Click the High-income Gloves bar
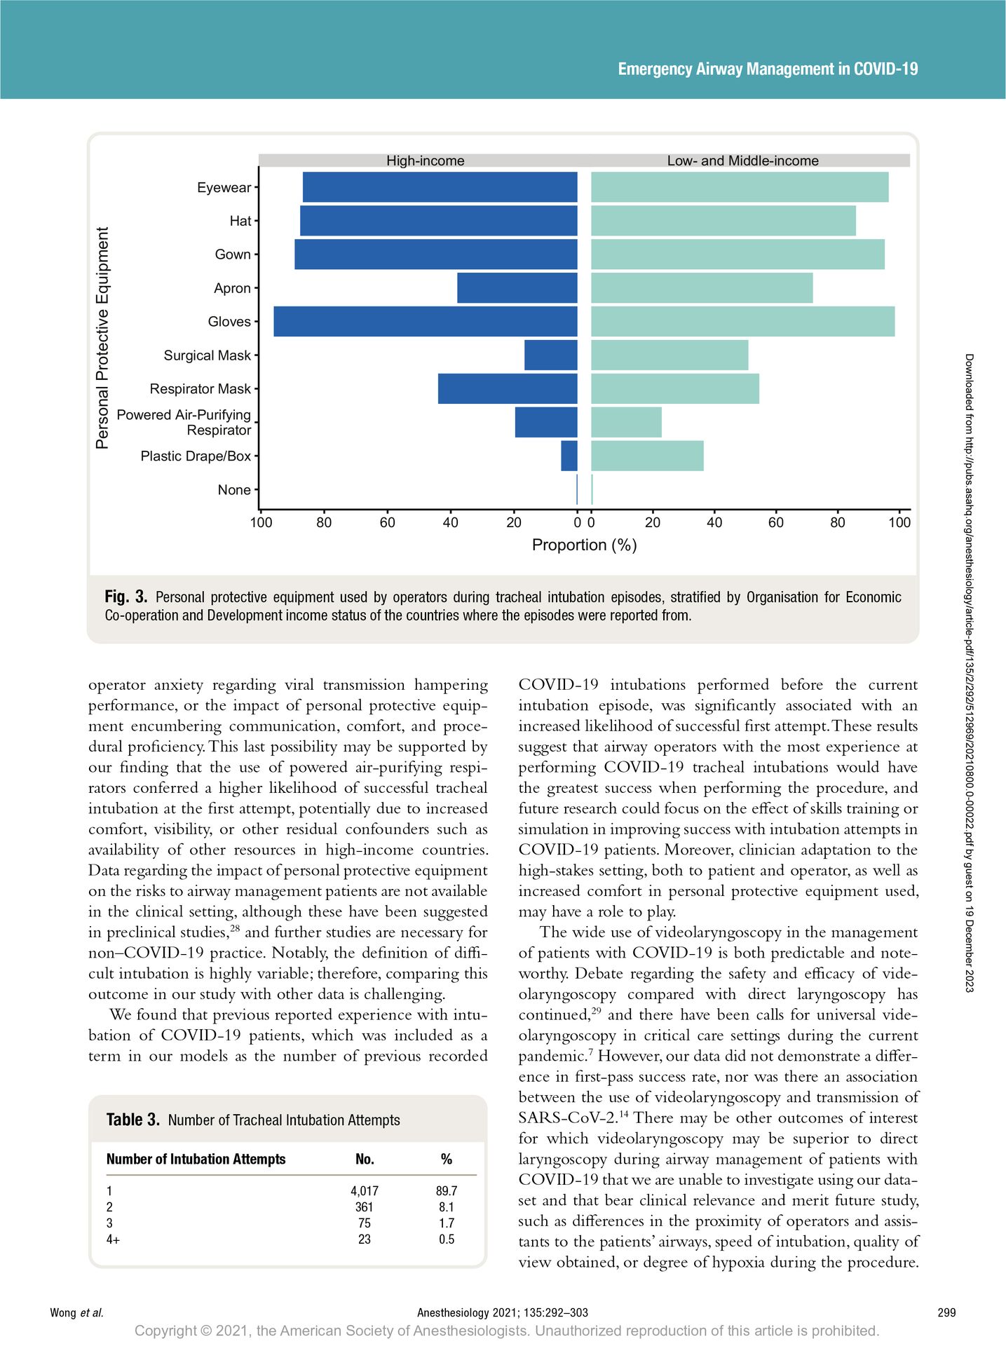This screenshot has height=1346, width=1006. click(x=426, y=321)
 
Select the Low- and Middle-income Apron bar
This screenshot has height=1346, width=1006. click(x=702, y=287)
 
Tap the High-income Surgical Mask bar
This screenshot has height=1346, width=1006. click(x=551, y=355)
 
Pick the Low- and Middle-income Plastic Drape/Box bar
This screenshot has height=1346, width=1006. click(x=647, y=456)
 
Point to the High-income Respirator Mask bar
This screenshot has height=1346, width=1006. click(x=508, y=388)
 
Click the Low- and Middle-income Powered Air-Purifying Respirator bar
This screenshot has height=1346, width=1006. click(x=626, y=422)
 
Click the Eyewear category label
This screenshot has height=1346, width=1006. click(x=224, y=187)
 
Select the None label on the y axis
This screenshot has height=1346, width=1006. click(x=234, y=489)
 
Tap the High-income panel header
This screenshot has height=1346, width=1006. click(x=426, y=161)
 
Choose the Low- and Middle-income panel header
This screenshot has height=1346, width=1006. click(x=743, y=161)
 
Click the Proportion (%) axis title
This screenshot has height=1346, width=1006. click(x=585, y=545)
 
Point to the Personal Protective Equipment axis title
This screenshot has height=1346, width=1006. click(x=103, y=338)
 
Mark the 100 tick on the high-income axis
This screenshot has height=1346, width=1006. click(x=261, y=522)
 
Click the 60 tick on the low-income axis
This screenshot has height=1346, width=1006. click(x=776, y=522)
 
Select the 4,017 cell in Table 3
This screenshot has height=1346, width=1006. click(x=365, y=1190)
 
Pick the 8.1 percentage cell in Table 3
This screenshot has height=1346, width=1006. click(x=447, y=1206)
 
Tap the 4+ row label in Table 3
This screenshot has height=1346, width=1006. click(x=113, y=1239)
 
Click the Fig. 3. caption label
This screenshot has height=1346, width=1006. click(x=126, y=597)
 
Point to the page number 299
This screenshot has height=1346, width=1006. click(x=946, y=1312)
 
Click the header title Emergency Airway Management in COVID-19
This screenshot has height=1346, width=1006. click(x=768, y=69)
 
